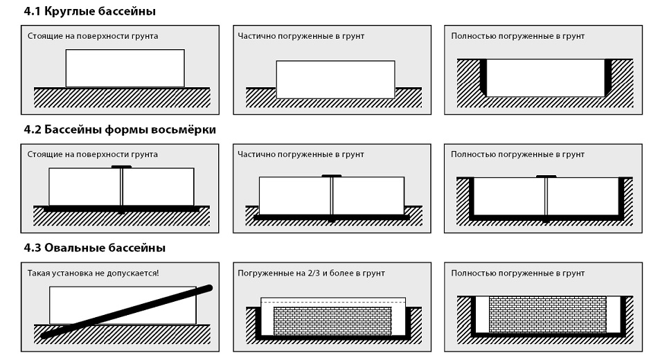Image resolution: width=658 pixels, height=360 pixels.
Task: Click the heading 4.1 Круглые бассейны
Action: point(89,11)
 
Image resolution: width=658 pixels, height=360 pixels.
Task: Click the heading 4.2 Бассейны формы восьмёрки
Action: point(120,129)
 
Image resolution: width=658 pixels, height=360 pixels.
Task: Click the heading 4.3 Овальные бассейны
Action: point(94,248)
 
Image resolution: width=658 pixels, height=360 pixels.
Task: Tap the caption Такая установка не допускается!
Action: point(94,273)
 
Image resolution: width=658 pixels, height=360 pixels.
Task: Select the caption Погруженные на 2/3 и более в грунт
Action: point(311,273)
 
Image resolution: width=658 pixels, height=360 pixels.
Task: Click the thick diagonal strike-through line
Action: point(127,312)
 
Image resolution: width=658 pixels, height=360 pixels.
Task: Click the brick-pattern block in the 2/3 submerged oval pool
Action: point(332,321)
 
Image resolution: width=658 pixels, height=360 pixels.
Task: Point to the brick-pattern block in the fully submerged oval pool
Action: point(548,314)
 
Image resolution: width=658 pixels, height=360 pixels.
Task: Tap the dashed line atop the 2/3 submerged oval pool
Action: point(333,302)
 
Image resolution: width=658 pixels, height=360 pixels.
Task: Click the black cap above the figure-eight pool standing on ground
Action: point(121,167)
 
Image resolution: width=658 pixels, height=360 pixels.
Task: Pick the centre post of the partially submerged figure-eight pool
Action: point(332,197)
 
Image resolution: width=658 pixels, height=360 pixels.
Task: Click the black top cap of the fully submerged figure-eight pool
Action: point(546,177)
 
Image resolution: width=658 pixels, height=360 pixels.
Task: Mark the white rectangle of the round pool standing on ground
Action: point(125,69)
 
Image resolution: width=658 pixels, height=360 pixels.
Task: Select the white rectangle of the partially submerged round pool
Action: point(335,80)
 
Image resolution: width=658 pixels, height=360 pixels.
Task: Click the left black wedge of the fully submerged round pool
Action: point(483,78)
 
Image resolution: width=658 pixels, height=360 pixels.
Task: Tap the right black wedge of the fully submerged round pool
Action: point(608,78)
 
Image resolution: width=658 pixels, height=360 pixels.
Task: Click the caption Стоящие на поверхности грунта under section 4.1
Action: point(93,36)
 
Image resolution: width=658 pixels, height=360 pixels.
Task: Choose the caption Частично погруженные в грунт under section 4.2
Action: point(301,154)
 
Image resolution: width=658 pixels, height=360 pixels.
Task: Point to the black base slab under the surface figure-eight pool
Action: point(122,208)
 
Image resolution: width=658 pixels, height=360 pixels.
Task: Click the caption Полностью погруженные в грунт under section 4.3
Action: point(518,273)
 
